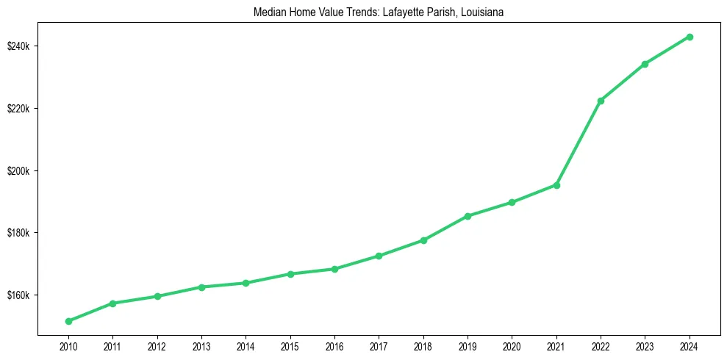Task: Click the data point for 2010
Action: point(68,321)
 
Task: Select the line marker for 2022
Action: point(601,101)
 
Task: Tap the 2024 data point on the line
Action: point(690,37)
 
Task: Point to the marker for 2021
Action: point(556,185)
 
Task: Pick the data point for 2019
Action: point(468,216)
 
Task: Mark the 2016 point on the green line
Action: point(334,269)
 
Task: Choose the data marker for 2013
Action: point(201,287)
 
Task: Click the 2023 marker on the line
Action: point(645,64)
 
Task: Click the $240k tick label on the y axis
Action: point(19,46)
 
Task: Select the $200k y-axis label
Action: point(19,171)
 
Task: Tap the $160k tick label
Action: point(19,295)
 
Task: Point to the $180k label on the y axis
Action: point(19,233)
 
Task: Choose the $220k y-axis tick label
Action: point(19,109)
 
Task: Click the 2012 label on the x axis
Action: point(157,345)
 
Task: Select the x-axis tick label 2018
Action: point(423,345)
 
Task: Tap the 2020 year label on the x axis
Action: point(512,345)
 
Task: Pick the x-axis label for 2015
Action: point(290,345)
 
